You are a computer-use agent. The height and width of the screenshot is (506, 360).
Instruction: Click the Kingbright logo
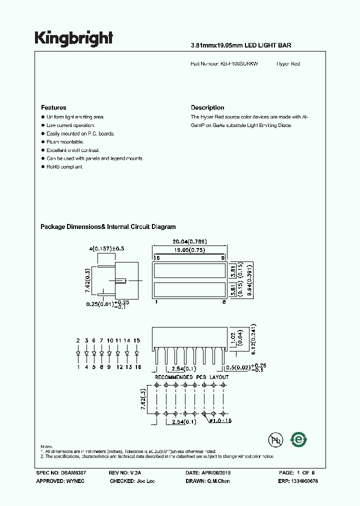[73, 38]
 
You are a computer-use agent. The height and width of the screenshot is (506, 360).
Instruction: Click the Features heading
[53, 107]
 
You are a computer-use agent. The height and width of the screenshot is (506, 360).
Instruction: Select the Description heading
[207, 107]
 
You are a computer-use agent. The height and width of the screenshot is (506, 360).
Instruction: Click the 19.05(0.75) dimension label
[189, 250]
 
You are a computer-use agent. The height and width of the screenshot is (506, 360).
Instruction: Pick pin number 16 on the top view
[156, 258]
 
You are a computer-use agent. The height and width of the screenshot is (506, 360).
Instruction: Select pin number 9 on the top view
[223, 258]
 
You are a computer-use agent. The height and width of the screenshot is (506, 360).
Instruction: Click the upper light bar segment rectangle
[189, 270]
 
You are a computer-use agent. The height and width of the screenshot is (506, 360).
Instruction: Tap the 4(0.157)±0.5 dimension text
[106, 248]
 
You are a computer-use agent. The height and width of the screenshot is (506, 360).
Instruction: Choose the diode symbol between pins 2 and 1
[78, 353]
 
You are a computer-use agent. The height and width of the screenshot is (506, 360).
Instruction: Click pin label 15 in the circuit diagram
[136, 340]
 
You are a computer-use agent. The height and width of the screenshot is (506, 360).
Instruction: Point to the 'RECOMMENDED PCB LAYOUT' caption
[191, 377]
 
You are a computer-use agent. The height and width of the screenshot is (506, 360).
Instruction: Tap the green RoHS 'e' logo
[299, 439]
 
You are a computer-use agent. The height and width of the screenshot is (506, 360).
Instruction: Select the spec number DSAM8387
[74, 472]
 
